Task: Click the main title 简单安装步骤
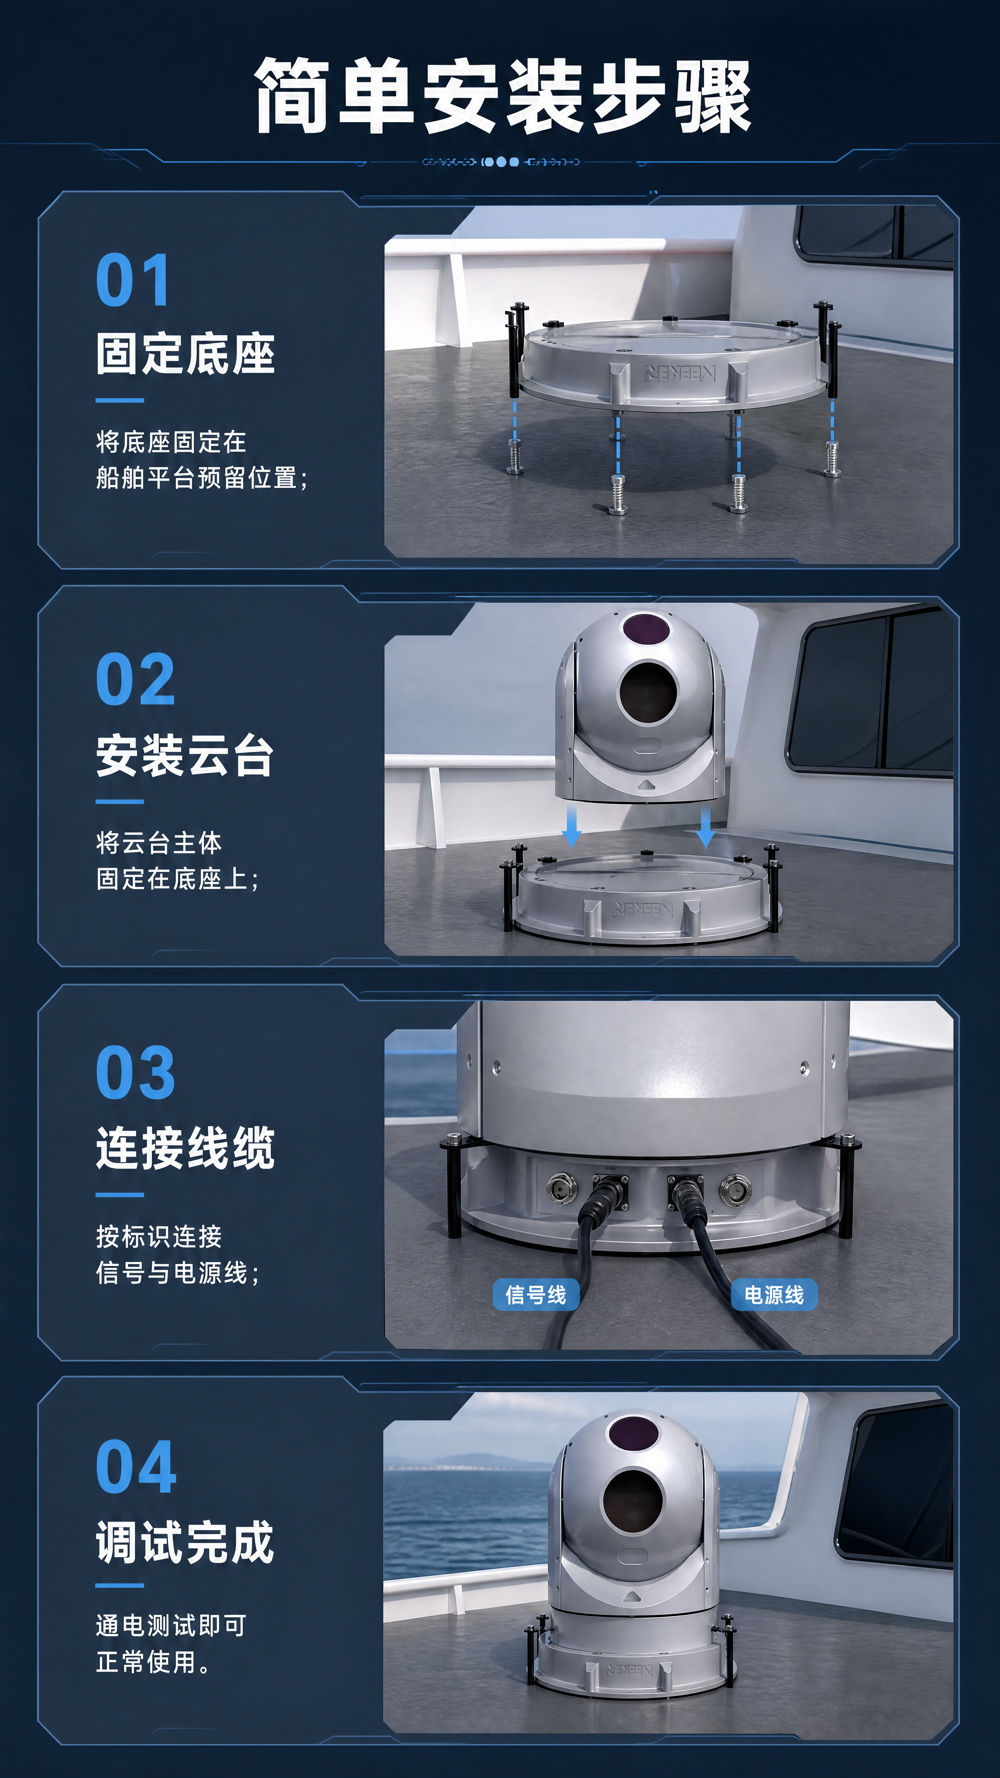coord(502,95)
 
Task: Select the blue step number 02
coord(135,679)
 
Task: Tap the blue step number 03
coord(135,1073)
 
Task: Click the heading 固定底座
coord(186,354)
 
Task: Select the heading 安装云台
coord(185,756)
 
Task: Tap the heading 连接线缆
coord(186,1148)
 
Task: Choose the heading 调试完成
coord(185,1543)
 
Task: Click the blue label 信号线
coord(536,1294)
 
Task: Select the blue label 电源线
coord(774,1294)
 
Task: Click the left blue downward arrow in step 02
coord(571,826)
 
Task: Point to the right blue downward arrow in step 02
coord(705,826)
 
